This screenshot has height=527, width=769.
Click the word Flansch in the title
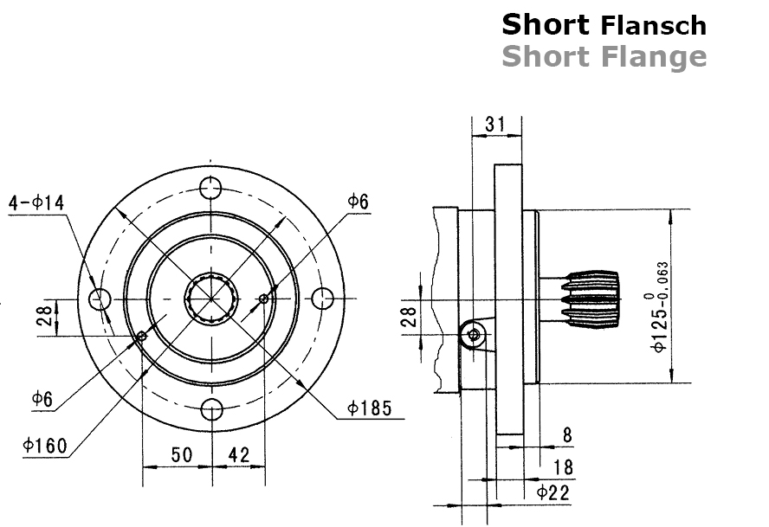coord(654,25)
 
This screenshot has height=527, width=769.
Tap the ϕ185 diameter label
coord(371,407)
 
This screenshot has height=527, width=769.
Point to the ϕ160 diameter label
coord(46,446)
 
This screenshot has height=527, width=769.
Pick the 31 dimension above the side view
coord(495,124)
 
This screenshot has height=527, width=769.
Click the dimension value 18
coord(563,467)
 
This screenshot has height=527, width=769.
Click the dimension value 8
coord(567,435)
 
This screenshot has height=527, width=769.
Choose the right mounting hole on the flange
coord(323,299)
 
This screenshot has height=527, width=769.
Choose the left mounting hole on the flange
coord(100,299)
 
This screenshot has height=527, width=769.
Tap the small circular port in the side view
coord(473,334)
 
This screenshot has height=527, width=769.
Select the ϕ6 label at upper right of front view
coord(358,201)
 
